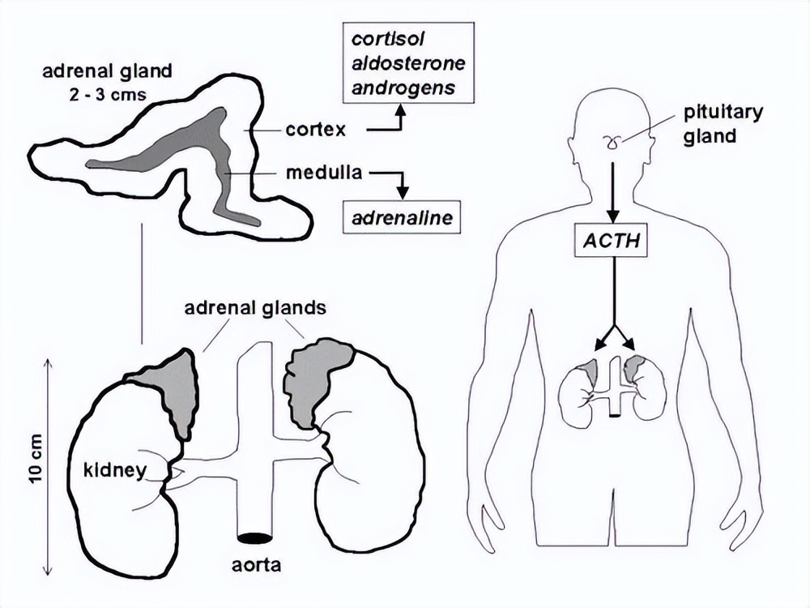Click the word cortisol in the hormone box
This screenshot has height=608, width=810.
tap(397, 40)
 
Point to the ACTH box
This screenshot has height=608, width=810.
tap(612, 241)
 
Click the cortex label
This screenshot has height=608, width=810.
tap(316, 129)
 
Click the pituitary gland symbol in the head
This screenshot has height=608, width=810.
tap(611, 143)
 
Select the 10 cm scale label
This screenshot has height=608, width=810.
tap(36, 463)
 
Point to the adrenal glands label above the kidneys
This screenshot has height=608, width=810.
tap(254, 308)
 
